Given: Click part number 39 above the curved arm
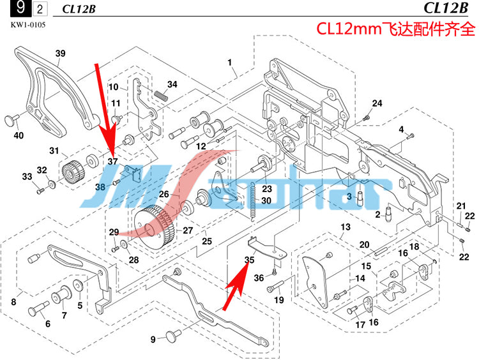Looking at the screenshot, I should tap(61, 54).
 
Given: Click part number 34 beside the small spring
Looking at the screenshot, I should tap(172, 84).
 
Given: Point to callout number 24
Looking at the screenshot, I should tap(377, 103).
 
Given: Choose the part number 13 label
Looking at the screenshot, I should tap(346, 228).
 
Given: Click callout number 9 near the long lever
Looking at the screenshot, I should tap(153, 339).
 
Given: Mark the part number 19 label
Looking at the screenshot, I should tap(279, 300).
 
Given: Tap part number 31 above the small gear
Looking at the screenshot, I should tap(54, 151).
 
